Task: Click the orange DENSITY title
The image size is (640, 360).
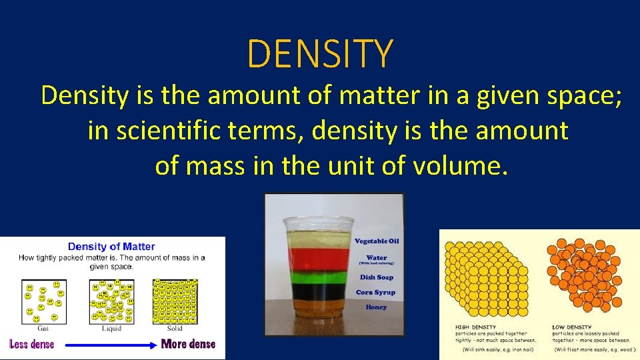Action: click(x=320, y=54)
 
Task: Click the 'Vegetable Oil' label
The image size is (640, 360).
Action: click(x=377, y=241)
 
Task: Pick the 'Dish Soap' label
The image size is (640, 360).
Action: click(x=376, y=277)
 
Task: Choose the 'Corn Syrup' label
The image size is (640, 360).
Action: click(x=375, y=292)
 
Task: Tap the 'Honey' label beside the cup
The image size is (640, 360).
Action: click(x=376, y=307)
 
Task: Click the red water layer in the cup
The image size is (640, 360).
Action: click(x=317, y=257)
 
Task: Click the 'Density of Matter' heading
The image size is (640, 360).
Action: click(x=111, y=247)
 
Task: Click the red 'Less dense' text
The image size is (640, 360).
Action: click(x=32, y=344)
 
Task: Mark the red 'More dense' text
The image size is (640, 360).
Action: click(x=188, y=344)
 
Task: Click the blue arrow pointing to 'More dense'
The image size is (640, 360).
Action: click(x=107, y=345)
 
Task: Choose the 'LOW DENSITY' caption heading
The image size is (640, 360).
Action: click(x=571, y=327)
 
